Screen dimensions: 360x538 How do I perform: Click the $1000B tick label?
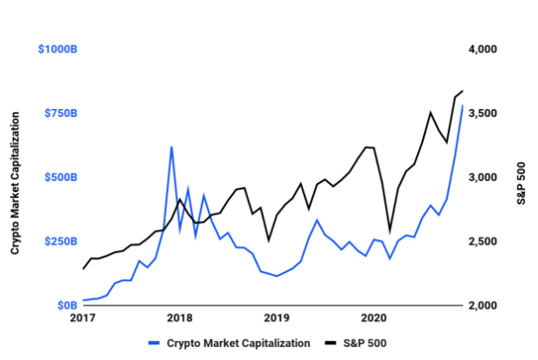point(58,50)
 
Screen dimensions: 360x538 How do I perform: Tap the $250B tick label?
point(61,241)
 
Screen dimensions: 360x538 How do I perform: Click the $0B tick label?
point(67,305)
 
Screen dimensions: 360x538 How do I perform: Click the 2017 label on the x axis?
point(84,318)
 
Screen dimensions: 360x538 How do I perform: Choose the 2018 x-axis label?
point(180,318)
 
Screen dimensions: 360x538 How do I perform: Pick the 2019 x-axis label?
point(276,318)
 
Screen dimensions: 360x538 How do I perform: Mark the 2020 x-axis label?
point(373,318)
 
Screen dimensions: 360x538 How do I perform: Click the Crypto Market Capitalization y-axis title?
point(16,178)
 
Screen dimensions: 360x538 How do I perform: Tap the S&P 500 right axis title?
point(522,178)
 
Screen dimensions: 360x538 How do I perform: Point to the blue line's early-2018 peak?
point(172,147)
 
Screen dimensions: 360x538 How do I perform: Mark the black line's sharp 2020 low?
point(389,232)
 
